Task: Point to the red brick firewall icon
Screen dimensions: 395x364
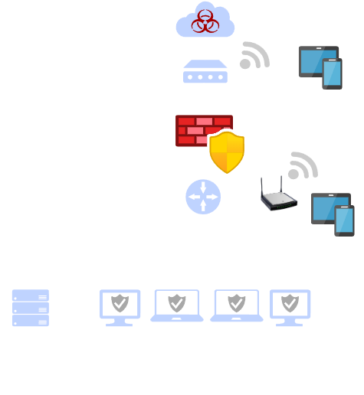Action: point(195,130)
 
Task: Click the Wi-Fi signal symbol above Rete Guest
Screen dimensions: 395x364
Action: point(255,56)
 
